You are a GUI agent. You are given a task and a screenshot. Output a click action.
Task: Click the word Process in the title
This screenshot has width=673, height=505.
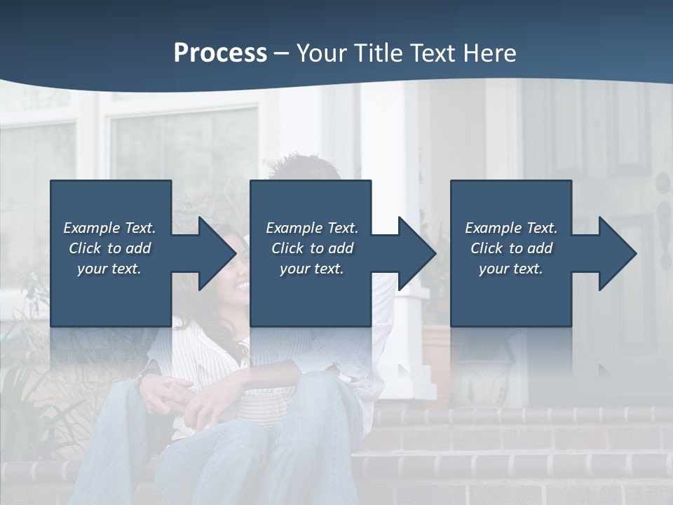point(220,53)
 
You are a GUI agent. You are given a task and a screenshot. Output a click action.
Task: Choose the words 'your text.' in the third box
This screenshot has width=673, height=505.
point(510,269)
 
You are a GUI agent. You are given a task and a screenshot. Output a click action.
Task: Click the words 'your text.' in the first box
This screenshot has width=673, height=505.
point(109,269)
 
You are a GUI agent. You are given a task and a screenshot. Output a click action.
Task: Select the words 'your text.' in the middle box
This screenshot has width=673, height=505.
point(311,269)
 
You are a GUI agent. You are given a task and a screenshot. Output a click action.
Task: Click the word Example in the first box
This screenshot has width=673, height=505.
point(92,228)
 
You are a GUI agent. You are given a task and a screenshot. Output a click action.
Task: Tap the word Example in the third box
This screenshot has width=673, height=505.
point(494,228)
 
